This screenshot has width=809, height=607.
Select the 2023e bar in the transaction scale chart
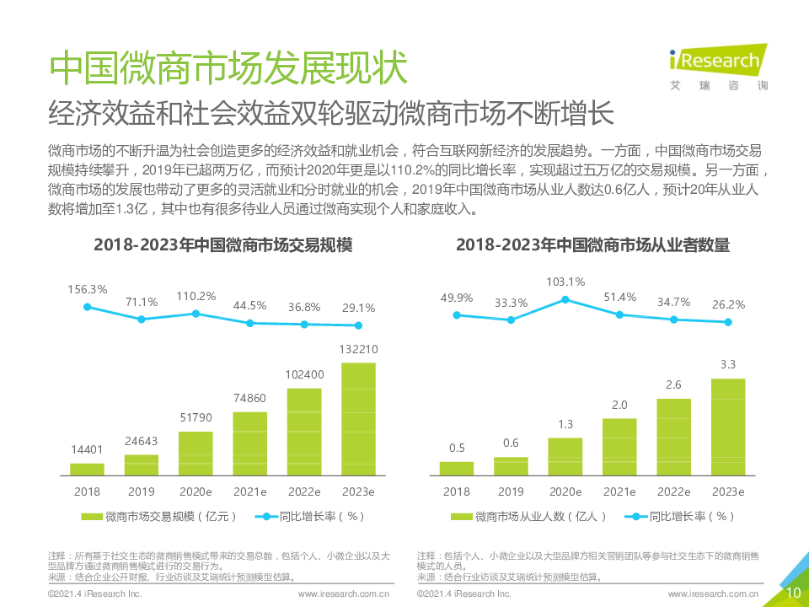pyautogui.click(x=358, y=419)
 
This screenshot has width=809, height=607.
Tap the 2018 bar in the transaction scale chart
pyautogui.click(x=88, y=469)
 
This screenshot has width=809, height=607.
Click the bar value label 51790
pyautogui.click(x=196, y=417)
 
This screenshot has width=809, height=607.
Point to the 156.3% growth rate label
pyautogui.click(x=88, y=289)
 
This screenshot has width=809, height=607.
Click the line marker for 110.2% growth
pyautogui.click(x=196, y=314)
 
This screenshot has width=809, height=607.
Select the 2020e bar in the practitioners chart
pyautogui.click(x=565, y=456)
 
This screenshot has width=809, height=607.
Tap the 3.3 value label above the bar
pyautogui.click(x=727, y=364)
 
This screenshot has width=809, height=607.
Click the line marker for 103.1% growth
pyautogui.click(x=565, y=299)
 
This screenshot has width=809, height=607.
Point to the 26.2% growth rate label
pyautogui.click(x=727, y=305)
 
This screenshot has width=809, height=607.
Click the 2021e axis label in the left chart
pyautogui.click(x=249, y=492)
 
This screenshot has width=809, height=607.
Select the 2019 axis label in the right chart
pyautogui.click(x=511, y=492)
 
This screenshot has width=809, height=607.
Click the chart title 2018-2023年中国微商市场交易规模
pyautogui.click(x=223, y=245)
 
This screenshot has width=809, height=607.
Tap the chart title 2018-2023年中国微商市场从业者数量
pyautogui.click(x=592, y=245)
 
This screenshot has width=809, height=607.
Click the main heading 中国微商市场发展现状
pyautogui.click(x=228, y=68)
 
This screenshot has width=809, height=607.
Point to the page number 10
pyautogui.click(x=793, y=593)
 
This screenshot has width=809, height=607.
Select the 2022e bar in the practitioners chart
pyautogui.click(x=673, y=437)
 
